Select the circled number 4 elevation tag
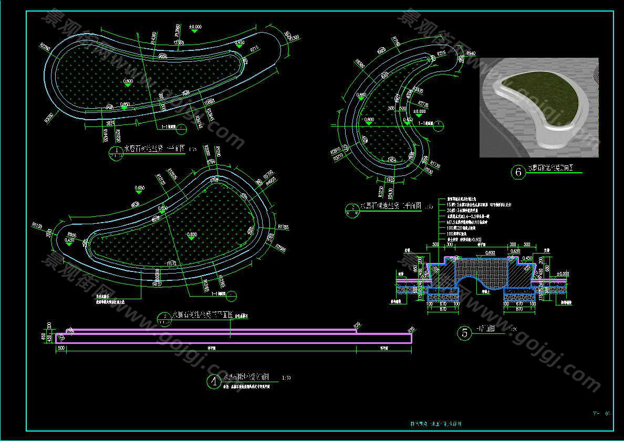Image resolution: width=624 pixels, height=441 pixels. click(x=214, y=381)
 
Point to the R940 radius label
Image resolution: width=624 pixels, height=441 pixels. click(x=471, y=54)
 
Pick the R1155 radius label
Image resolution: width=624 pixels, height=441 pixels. click(x=37, y=226)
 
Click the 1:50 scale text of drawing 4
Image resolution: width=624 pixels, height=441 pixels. click(x=286, y=377)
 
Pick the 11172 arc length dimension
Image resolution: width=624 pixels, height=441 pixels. click(x=172, y=262)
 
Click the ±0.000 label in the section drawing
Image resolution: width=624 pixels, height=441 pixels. click(x=562, y=274)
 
